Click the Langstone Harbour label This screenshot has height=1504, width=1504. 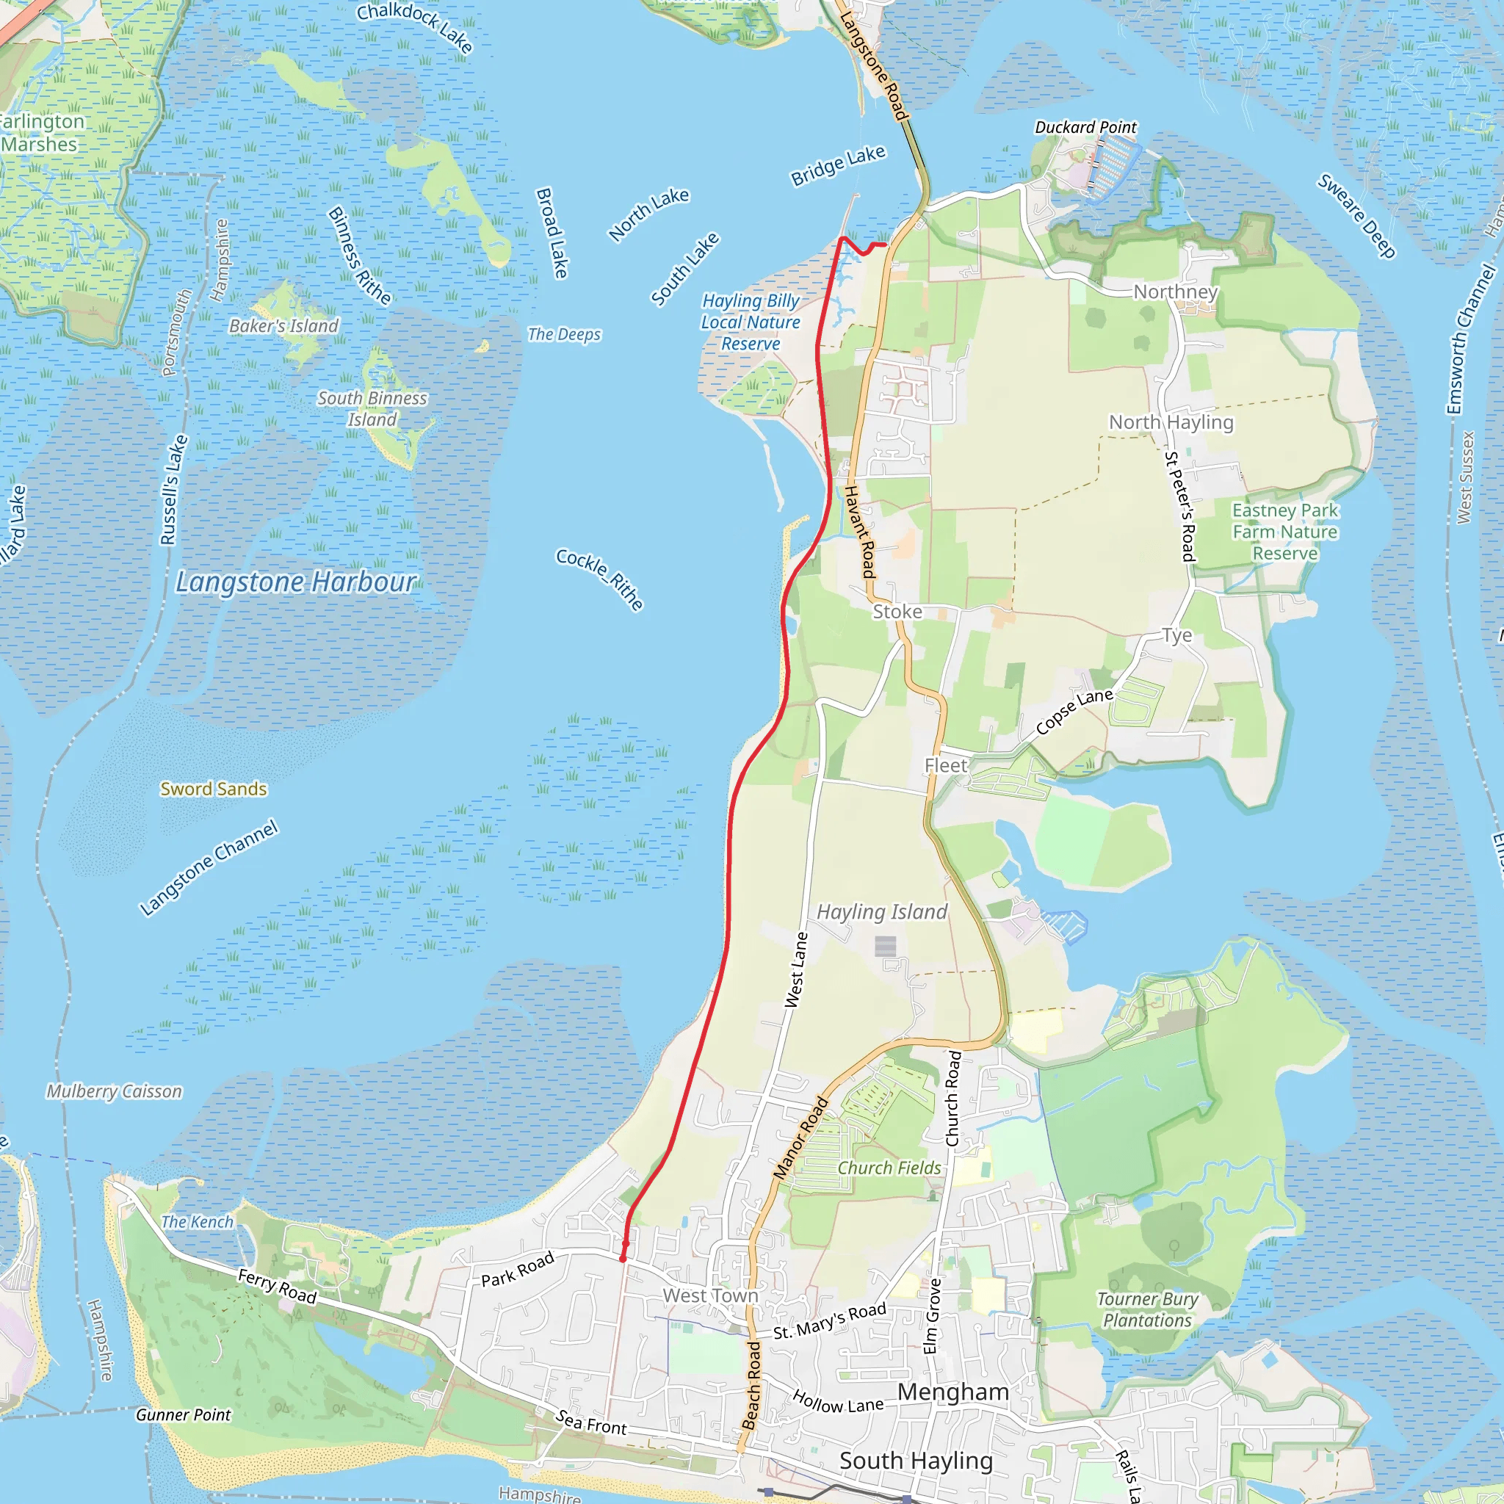(x=296, y=582)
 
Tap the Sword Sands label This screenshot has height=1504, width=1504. (x=213, y=789)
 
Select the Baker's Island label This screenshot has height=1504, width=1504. (x=283, y=325)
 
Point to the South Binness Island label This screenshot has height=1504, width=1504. (x=372, y=409)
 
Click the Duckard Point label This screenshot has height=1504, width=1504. (x=1085, y=127)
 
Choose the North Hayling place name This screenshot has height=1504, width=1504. (x=1171, y=422)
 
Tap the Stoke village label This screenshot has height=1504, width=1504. (x=897, y=612)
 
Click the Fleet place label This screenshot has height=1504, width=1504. (x=946, y=765)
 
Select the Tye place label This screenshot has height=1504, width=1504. (x=1176, y=635)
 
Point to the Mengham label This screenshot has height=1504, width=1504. (x=952, y=1391)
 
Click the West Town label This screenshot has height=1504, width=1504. (x=710, y=1295)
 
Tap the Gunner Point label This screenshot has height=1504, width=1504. (x=183, y=1414)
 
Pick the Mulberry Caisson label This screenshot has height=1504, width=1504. (x=114, y=1091)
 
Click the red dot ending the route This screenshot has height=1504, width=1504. (x=623, y=1258)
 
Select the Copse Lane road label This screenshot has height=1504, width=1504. (x=1074, y=712)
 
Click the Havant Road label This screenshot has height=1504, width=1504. (x=860, y=531)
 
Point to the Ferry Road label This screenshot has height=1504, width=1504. (x=277, y=1286)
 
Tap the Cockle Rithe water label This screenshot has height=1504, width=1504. (x=599, y=579)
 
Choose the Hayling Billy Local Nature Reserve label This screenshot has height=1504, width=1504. (x=751, y=322)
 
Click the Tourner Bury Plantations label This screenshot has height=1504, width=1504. (x=1148, y=1309)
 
